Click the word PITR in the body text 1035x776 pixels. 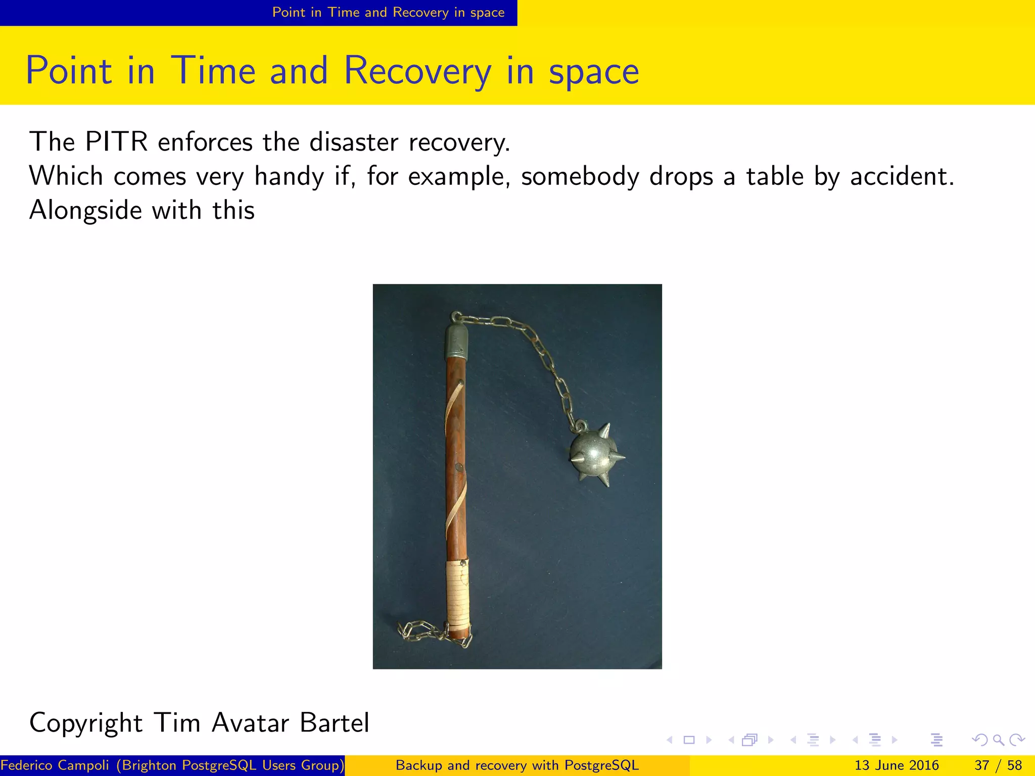[116, 142]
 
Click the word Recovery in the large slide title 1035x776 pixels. [417, 71]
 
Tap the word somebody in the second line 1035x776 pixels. [580, 177]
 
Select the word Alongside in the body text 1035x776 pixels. [85, 210]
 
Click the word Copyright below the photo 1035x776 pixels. [86, 722]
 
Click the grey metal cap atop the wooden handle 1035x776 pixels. [456, 341]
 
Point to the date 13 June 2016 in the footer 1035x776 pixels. [896, 765]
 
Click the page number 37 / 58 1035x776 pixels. [998, 765]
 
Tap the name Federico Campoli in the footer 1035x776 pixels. [55, 765]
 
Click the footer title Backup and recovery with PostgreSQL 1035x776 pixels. [517, 765]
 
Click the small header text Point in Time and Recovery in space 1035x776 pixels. [388, 13]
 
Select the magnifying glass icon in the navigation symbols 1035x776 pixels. [998, 740]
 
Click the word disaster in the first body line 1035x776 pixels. [353, 142]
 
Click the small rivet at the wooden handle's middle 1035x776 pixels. [459, 467]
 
